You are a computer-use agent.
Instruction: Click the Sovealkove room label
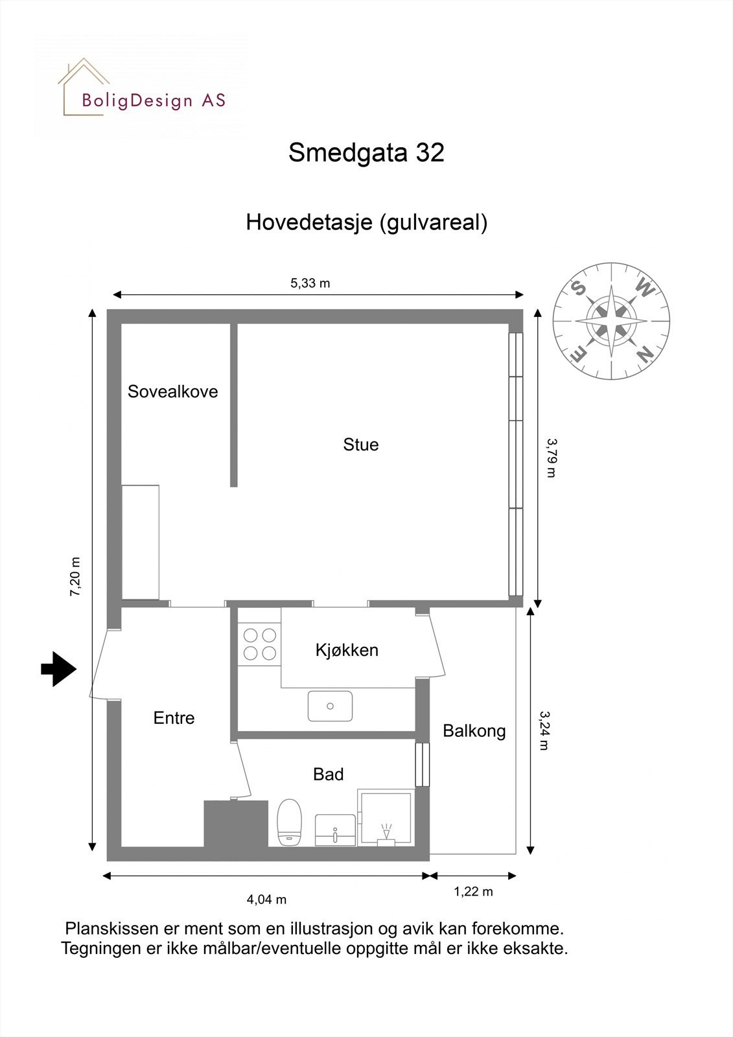[x=172, y=391]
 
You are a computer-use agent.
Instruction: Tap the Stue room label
[x=361, y=445]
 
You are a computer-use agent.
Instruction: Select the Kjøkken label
[x=347, y=650]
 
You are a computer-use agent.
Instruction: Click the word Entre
[x=174, y=718]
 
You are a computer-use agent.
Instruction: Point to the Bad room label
[x=328, y=775]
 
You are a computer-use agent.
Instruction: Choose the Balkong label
[x=474, y=731]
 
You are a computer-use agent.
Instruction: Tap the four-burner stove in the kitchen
[x=259, y=644]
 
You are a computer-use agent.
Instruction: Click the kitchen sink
[x=331, y=706]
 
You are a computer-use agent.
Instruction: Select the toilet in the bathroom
[x=290, y=822]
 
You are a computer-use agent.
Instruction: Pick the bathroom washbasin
[x=335, y=830]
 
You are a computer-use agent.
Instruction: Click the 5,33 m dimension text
[x=310, y=283]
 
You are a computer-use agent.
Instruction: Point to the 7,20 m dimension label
[x=75, y=576]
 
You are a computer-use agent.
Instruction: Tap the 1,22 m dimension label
[x=473, y=892]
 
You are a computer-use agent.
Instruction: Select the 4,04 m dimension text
[x=266, y=900]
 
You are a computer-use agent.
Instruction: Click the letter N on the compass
[x=644, y=354]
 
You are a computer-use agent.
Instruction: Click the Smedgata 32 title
[x=366, y=153]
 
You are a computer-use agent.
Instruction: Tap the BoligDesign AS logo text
[x=154, y=100]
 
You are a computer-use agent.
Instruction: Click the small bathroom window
[x=422, y=765]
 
